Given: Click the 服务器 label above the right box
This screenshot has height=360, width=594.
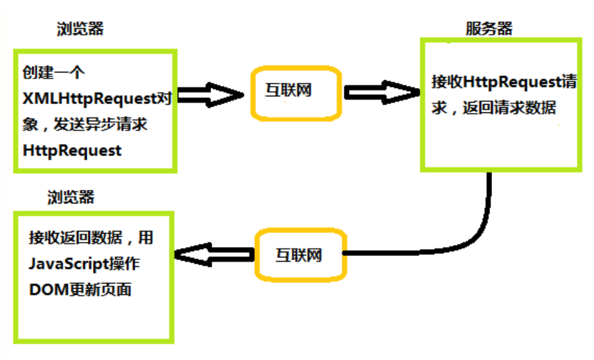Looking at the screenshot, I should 489,29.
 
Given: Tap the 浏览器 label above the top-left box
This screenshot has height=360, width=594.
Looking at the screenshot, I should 80,29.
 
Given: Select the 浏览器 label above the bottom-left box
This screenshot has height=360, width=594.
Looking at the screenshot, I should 71,197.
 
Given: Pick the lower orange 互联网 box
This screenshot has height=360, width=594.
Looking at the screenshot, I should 299,255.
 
